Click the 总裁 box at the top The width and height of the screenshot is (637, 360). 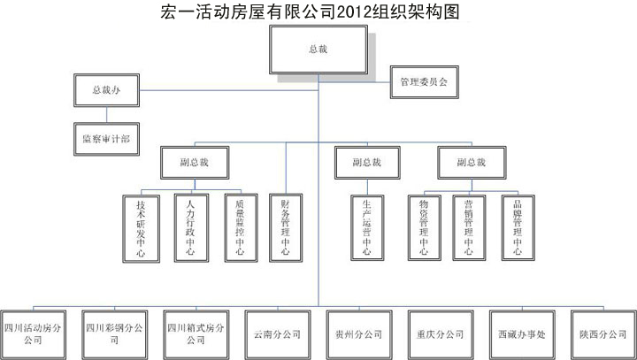(x=318, y=50)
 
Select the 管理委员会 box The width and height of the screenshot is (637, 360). (x=424, y=82)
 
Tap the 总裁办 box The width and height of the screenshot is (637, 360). (x=106, y=90)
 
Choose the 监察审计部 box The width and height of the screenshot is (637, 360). (x=106, y=139)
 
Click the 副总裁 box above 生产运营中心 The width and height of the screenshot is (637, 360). (x=367, y=163)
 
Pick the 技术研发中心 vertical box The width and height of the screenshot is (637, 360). (x=141, y=228)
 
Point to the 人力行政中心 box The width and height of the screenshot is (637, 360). (x=191, y=227)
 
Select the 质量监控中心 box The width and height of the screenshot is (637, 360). (x=241, y=227)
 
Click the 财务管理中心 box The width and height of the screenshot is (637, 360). (x=286, y=227)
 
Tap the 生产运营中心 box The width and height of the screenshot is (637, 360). (x=367, y=227)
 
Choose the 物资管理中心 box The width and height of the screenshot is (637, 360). (x=424, y=227)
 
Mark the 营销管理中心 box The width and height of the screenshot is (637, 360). (x=469, y=227)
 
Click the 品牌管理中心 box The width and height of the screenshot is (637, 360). (x=518, y=227)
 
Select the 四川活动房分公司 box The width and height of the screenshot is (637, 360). (x=33, y=335)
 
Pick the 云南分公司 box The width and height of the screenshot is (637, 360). (x=278, y=335)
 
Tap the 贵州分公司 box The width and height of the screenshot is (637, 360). (x=359, y=335)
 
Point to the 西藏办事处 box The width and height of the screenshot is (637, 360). (x=522, y=335)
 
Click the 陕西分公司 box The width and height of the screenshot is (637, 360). (x=603, y=335)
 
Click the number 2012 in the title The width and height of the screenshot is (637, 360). (x=354, y=11)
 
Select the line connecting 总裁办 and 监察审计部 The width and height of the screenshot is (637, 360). (x=107, y=115)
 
